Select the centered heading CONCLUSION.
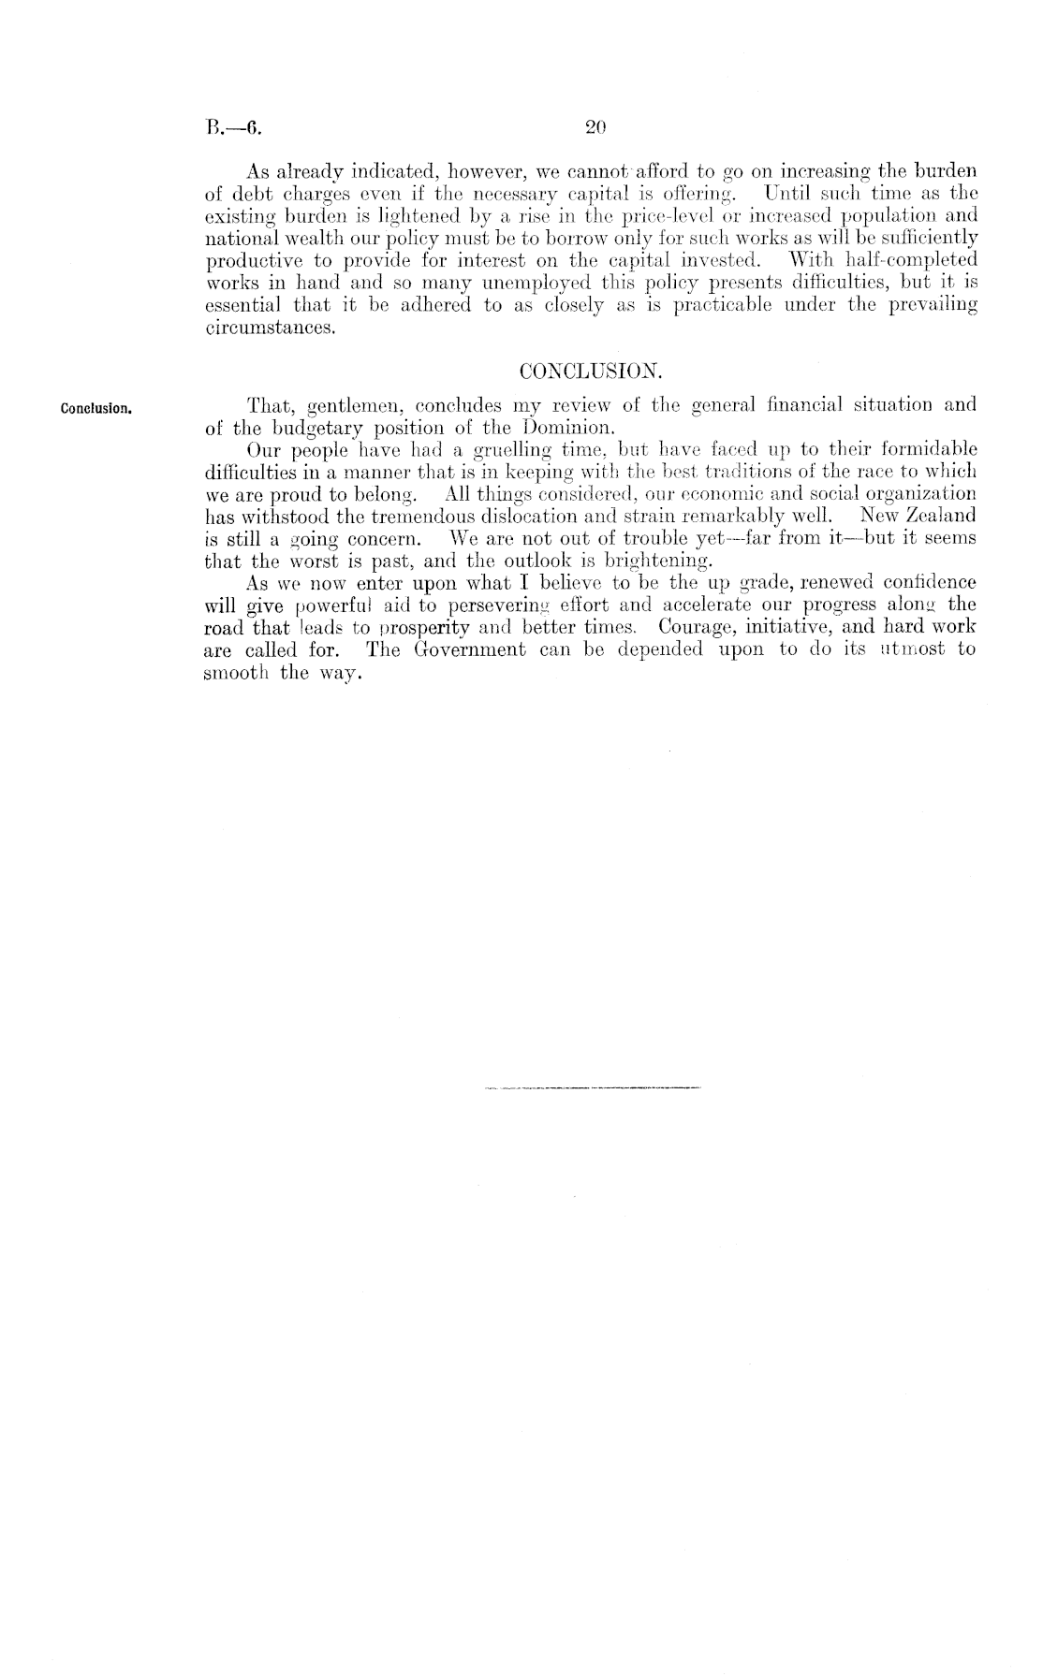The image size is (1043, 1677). tap(590, 372)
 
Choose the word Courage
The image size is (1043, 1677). tap(698, 626)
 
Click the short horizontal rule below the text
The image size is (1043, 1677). tap(594, 1088)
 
